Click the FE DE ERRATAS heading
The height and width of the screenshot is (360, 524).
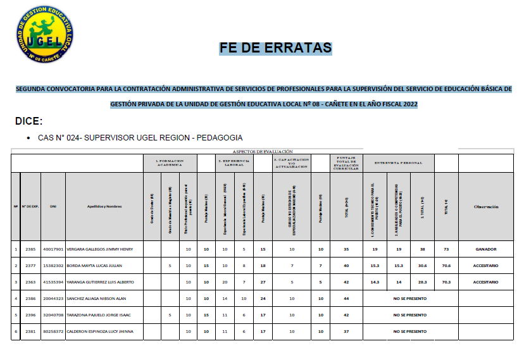[275, 48]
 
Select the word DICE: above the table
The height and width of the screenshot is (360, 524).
[29, 121]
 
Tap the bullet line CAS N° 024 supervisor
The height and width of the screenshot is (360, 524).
[140, 138]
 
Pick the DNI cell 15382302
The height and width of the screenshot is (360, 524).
[53, 266]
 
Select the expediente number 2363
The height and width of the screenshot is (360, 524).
[30, 282]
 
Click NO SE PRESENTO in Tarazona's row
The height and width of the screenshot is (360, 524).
[409, 314]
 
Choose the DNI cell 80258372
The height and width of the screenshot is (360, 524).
[53, 331]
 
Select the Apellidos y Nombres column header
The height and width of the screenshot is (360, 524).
[104, 206]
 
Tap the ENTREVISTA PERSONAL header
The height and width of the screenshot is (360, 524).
[398, 163]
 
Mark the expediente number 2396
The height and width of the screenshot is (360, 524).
[30, 314]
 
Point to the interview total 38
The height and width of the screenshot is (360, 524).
[422, 249]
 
